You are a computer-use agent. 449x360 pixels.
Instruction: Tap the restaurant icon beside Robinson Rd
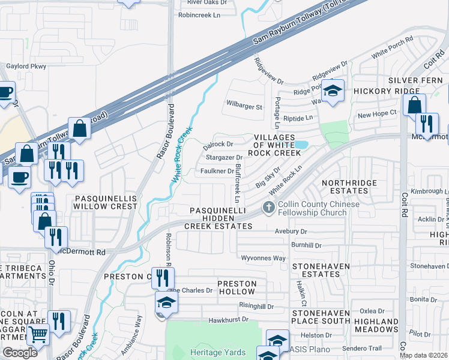click(162, 277)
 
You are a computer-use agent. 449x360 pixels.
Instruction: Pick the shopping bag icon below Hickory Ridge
click(414, 105)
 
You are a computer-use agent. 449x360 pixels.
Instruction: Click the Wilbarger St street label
click(244, 107)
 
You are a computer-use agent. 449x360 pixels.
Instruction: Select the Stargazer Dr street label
click(223, 157)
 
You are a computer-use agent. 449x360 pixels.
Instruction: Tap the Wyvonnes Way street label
click(263, 258)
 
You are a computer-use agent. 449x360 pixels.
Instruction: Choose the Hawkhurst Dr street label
click(228, 320)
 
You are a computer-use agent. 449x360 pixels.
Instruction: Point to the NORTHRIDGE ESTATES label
click(349, 187)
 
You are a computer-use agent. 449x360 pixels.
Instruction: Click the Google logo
click(20, 353)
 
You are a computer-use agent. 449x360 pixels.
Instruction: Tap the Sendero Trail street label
click(362, 349)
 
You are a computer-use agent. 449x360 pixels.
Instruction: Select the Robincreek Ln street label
click(196, 14)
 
